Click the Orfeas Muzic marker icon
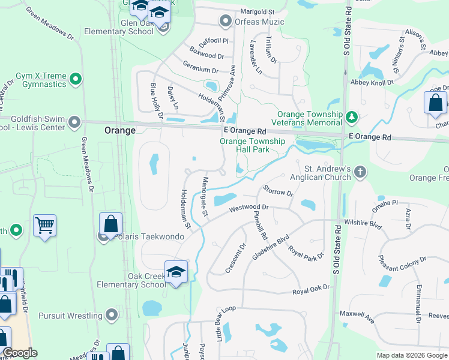[x=226, y=22]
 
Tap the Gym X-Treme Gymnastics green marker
[x=75, y=79]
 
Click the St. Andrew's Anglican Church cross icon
[x=360, y=173]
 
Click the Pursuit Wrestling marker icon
[x=112, y=315]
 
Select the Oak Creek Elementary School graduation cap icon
[x=176, y=272]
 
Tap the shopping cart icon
[x=44, y=225]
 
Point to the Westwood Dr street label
[x=248, y=209]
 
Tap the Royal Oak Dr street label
[x=311, y=290]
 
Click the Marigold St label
[x=257, y=12]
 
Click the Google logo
[x=20, y=353]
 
